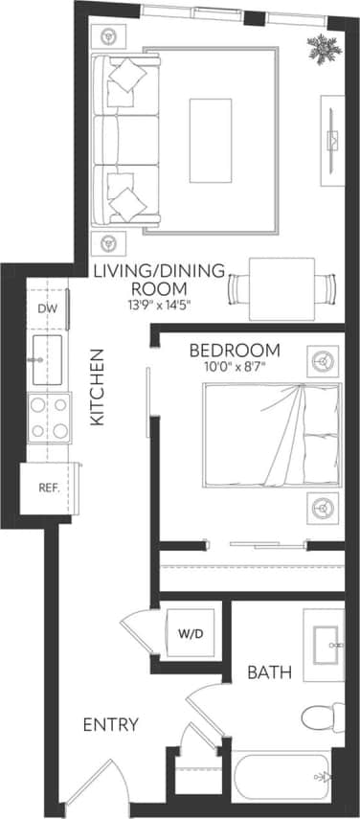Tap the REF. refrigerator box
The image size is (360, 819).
(x=49, y=487)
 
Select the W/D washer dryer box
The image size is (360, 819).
(x=188, y=633)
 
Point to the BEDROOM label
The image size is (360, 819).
(x=235, y=350)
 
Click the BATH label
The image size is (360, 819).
(x=269, y=672)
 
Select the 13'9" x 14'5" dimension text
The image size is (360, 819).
(x=155, y=304)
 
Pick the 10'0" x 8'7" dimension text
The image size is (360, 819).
(x=235, y=366)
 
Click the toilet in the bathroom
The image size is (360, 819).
(x=321, y=716)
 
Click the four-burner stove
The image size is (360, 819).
(x=49, y=417)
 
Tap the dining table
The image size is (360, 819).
(x=283, y=286)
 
